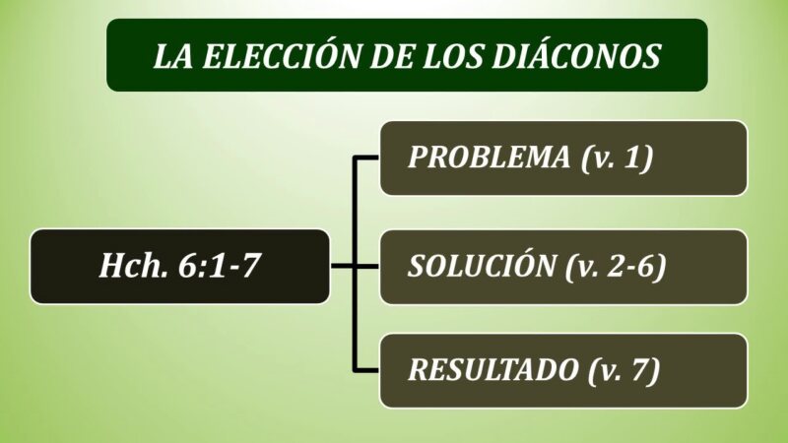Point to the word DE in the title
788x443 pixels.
392,56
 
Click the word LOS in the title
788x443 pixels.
453,56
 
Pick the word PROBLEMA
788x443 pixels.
489,157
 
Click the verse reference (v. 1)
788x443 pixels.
618,158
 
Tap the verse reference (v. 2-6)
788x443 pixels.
617,266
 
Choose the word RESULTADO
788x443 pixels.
493,370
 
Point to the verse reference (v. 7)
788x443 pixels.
624,371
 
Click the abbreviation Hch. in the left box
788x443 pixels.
134,265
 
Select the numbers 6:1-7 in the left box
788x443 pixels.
220,265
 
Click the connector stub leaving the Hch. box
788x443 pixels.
342,266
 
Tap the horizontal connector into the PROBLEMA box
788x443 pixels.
366,158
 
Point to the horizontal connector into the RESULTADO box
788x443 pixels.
366,371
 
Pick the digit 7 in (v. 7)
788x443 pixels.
639,370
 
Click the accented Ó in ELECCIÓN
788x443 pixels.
325,53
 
